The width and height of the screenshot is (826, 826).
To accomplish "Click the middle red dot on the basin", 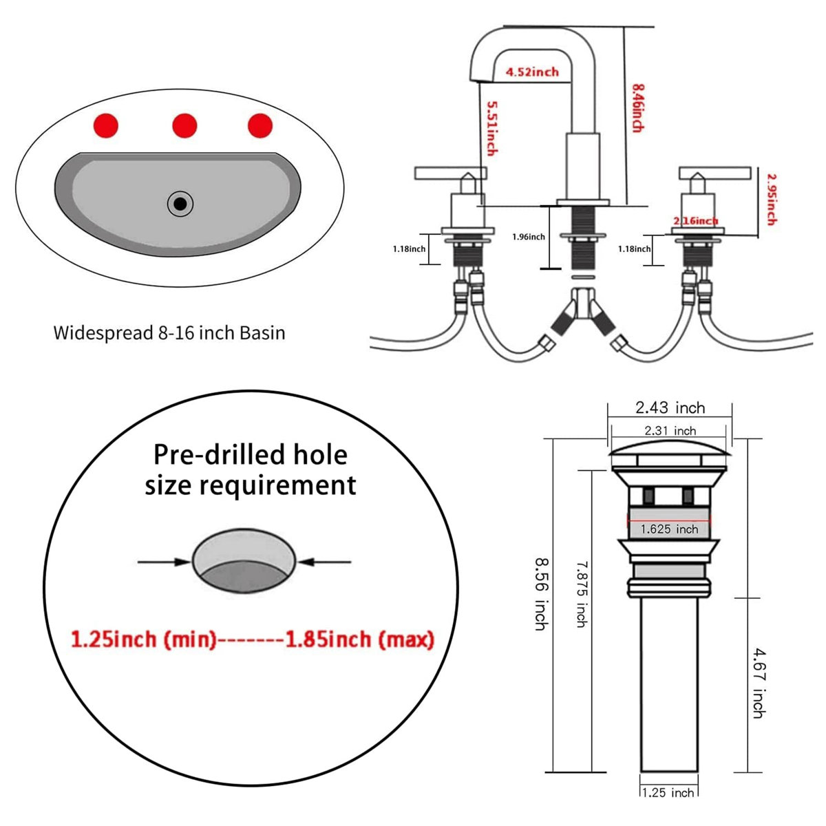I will (184, 126).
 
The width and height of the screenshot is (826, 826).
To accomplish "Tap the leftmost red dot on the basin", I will (106, 126).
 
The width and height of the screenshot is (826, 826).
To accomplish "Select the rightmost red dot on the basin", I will (260, 126).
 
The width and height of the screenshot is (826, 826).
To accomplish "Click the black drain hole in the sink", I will (180, 204).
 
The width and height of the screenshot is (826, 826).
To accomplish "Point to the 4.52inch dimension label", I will (532, 72).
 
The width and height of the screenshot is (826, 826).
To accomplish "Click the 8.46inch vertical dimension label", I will (637, 108).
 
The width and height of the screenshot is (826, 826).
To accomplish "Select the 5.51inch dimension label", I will (491, 128).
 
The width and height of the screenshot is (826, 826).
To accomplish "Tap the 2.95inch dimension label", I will (772, 199).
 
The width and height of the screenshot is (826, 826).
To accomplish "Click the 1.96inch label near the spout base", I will (528, 237).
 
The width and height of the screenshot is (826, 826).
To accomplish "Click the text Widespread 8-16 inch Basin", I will (169, 333).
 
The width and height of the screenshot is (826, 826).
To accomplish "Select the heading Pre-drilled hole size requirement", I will (251, 469).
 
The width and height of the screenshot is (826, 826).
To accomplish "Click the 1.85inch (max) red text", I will (359, 639).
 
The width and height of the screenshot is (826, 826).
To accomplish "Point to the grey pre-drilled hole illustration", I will (244, 561).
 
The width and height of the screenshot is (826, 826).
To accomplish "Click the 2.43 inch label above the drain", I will (670, 407).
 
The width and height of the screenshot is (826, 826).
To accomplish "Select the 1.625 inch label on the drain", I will (669, 529).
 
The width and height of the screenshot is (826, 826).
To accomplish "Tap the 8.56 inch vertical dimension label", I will (542, 593).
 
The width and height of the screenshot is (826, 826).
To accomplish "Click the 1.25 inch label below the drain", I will (668, 792).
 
